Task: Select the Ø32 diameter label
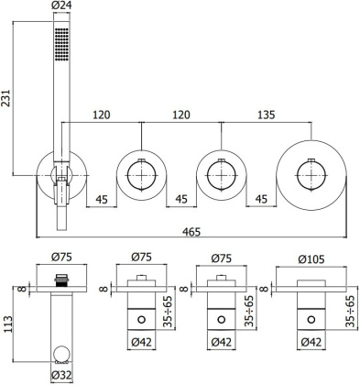[x=62, y=374]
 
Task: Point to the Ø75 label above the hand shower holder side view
[x=61, y=259]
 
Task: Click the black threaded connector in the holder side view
[x=62, y=279]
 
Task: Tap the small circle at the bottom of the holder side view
[x=62, y=353]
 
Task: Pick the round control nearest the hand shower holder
[x=141, y=171]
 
